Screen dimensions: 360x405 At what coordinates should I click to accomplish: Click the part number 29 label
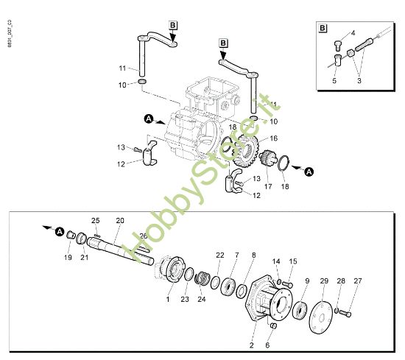323,282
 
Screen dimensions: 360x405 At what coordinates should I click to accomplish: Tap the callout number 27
358,281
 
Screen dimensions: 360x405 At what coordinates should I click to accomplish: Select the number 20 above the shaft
120,220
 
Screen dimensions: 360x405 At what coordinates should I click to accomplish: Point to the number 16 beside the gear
273,138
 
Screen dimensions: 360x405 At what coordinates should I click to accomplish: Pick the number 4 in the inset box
353,33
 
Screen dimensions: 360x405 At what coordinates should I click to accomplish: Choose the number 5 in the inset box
334,80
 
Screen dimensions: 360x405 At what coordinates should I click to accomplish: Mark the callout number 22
219,255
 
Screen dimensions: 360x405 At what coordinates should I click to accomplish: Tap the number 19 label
67,258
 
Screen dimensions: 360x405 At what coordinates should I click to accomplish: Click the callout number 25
95,221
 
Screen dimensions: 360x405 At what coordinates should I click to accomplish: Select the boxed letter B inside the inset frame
323,29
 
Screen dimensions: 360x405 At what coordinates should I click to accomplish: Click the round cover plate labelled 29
322,314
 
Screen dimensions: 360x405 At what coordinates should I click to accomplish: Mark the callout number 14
276,261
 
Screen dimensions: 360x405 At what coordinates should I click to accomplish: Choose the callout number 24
202,300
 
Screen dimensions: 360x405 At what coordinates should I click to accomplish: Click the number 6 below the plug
267,345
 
